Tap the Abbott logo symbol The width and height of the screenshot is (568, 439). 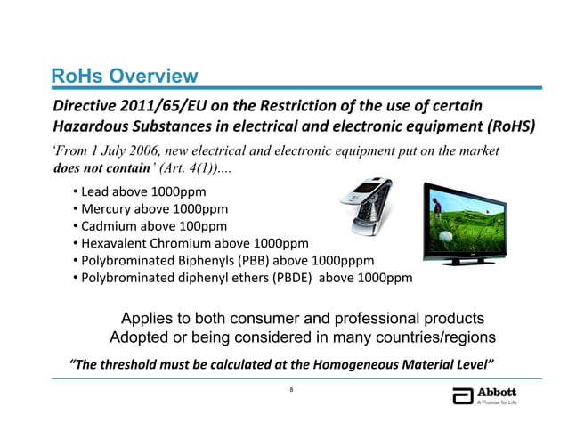click(x=461, y=397)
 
